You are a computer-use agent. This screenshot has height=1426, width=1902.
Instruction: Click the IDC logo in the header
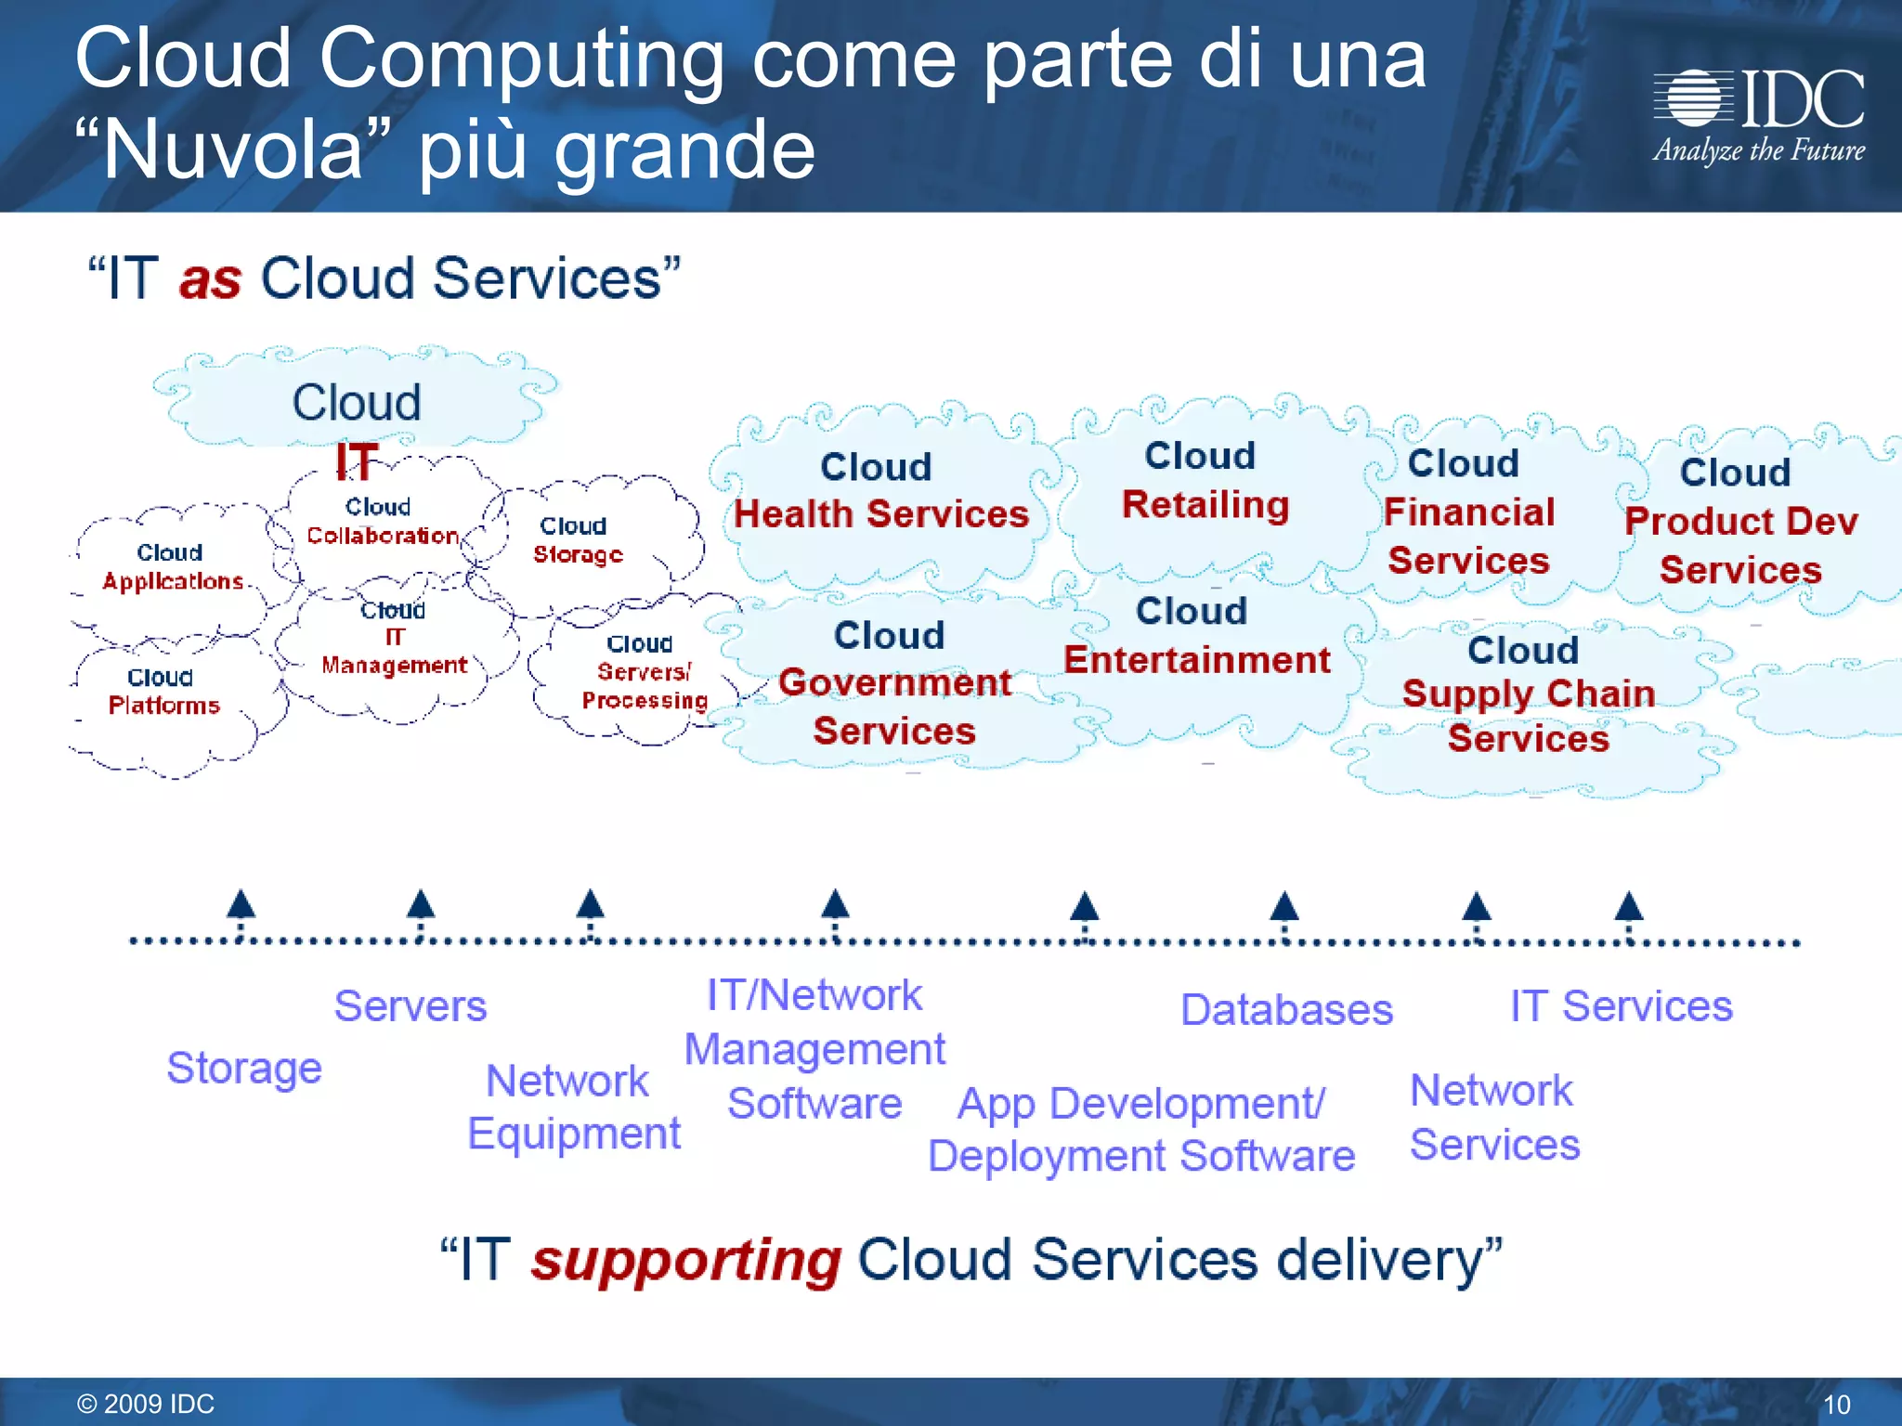[x=1758, y=115]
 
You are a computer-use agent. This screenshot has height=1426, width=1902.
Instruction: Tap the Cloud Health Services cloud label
[x=879, y=490]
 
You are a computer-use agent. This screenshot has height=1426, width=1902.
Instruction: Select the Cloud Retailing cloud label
[x=1204, y=481]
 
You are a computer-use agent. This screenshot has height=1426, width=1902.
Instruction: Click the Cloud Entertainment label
[x=1196, y=636]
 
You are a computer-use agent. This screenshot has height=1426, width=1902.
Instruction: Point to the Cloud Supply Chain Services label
[x=1528, y=694]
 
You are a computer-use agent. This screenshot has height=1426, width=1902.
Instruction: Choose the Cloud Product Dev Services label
[x=1740, y=521]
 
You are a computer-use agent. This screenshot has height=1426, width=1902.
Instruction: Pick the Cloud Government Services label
[x=894, y=683]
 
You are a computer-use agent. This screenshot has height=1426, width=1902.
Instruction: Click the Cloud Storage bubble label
[x=577, y=540]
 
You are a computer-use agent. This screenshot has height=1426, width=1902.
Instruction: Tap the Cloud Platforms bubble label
[x=163, y=692]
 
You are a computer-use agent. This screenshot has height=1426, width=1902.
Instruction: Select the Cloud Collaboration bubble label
[x=382, y=522]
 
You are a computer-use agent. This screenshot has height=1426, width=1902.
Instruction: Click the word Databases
[x=1286, y=1009]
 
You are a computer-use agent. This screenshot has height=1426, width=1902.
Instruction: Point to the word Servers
[x=410, y=1005]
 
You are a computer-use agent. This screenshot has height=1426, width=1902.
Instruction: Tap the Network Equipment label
[x=573, y=1108]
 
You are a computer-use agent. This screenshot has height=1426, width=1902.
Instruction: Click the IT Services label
[x=1621, y=1005]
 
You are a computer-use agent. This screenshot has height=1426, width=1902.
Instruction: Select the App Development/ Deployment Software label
[x=1141, y=1130]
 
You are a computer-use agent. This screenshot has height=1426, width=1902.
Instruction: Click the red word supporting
[x=685, y=1261]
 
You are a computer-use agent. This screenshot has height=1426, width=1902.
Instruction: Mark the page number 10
[x=1836, y=1405]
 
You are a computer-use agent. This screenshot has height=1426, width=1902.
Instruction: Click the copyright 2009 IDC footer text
[x=146, y=1404]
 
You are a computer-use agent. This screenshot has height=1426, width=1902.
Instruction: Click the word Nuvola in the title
[x=233, y=150]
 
